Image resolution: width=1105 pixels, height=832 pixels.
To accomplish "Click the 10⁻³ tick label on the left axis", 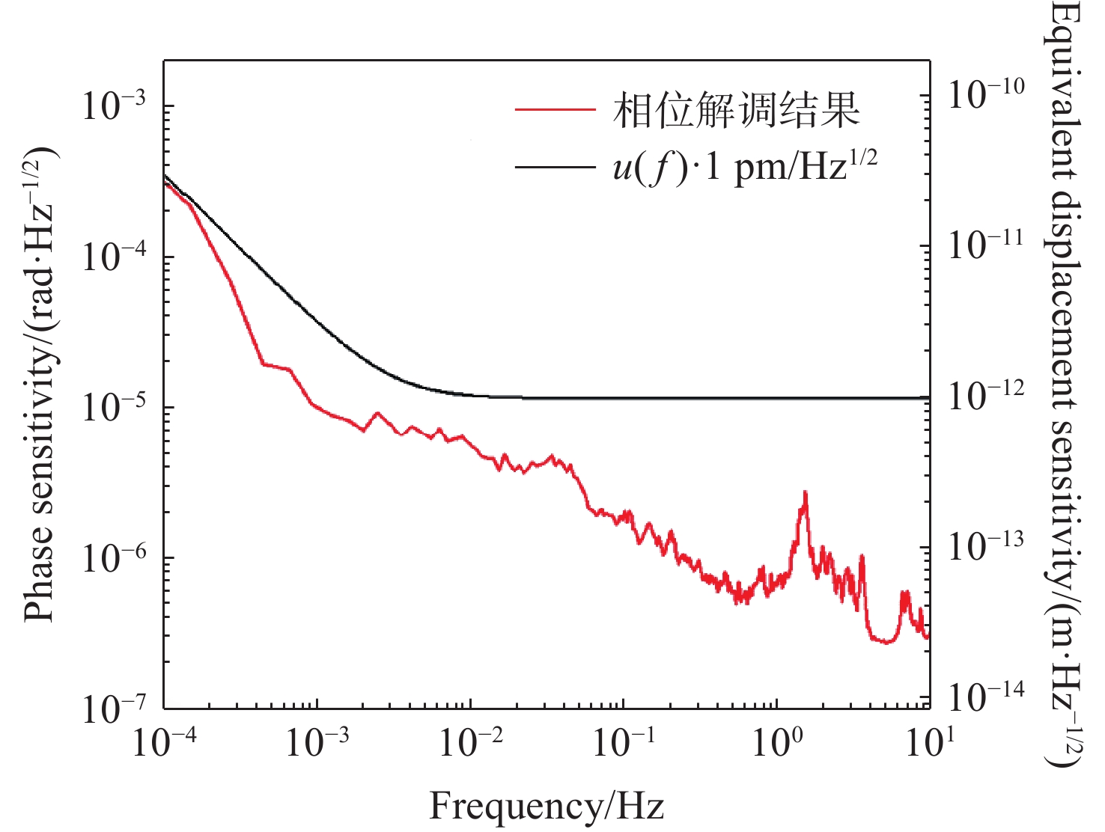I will coord(112,105).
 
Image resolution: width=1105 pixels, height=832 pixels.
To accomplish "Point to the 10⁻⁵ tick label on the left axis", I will coord(112,408).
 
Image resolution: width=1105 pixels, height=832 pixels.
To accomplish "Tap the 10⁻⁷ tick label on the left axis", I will coord(112,709).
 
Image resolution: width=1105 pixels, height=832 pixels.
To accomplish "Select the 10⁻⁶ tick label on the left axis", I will coord(112,558).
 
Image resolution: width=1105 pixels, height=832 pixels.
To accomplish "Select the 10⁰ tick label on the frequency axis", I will coord(776,743).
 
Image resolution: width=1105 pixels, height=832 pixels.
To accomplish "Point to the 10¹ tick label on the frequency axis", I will coord(930,743).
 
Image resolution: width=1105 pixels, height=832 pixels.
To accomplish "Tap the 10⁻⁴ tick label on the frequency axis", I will coord(165,743).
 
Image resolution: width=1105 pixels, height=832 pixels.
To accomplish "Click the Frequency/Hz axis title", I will coord(547,807).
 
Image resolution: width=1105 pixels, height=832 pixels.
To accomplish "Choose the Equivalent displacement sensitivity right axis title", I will coord(1064,385).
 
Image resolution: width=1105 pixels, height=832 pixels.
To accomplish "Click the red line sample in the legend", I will coord(555,110).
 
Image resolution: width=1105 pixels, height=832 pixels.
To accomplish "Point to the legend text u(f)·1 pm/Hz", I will coord(744,166).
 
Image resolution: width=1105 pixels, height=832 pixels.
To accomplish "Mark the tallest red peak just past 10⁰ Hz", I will coord(805,494).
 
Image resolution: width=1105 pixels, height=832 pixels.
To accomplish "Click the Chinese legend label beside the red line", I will coord(736,110).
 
